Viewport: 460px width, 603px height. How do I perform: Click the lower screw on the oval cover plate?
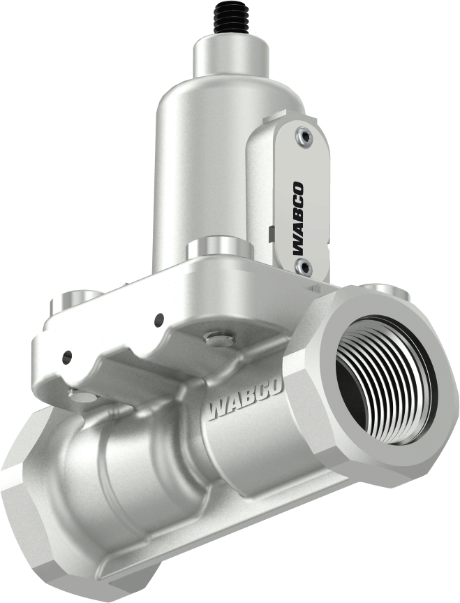click(302, 265)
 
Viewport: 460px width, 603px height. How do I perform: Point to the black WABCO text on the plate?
click(297, 217)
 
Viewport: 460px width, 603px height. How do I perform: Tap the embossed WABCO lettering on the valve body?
click(244, 402)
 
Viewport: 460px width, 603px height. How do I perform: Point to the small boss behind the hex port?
click(381, 287)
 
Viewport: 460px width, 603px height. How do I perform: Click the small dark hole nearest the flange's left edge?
click(66, 357)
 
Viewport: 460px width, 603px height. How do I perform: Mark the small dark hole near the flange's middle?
click(159, 320)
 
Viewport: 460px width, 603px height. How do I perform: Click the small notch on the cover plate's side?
click(269, 228)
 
